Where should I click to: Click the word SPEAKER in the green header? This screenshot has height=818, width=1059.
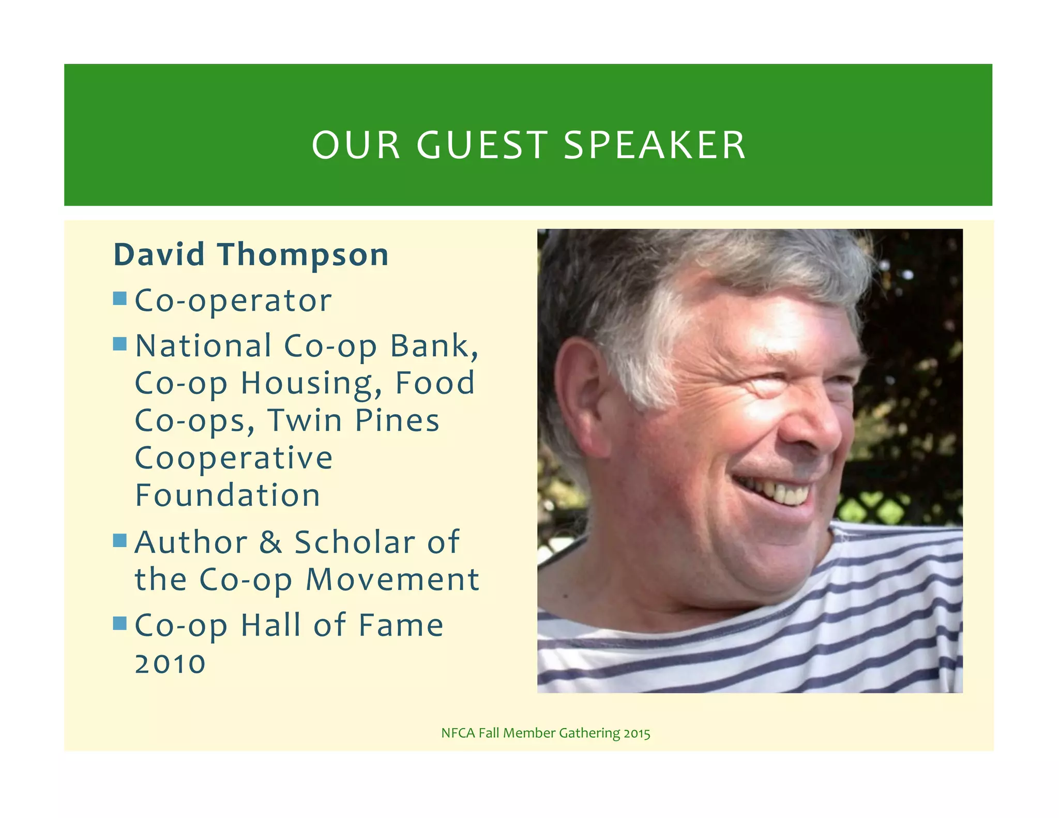click(654, 145)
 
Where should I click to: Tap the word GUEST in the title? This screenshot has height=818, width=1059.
click(482, 145)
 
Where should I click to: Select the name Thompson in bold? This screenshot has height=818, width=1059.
click(303, 255)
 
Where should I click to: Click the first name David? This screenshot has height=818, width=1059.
click(159, 255)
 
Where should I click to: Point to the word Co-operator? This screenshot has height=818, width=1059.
click(233, 301)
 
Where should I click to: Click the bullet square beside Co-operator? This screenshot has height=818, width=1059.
click(120, 298)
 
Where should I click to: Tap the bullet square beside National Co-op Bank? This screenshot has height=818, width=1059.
click(120, 344)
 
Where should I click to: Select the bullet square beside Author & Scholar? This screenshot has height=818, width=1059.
click(120, 540)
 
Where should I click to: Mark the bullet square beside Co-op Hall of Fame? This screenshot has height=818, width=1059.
click(120, 623)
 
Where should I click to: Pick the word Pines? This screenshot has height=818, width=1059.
click(397, 420)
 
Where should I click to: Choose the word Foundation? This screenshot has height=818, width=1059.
click(228, 495)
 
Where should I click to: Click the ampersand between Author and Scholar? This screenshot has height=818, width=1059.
click(270, 542)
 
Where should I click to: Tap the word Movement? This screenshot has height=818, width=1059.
click(392, 580)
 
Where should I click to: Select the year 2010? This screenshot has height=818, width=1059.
click(170, 664)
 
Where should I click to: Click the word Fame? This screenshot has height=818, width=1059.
click(401, 626)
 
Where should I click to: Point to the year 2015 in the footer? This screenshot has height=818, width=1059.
click(637, 733)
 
